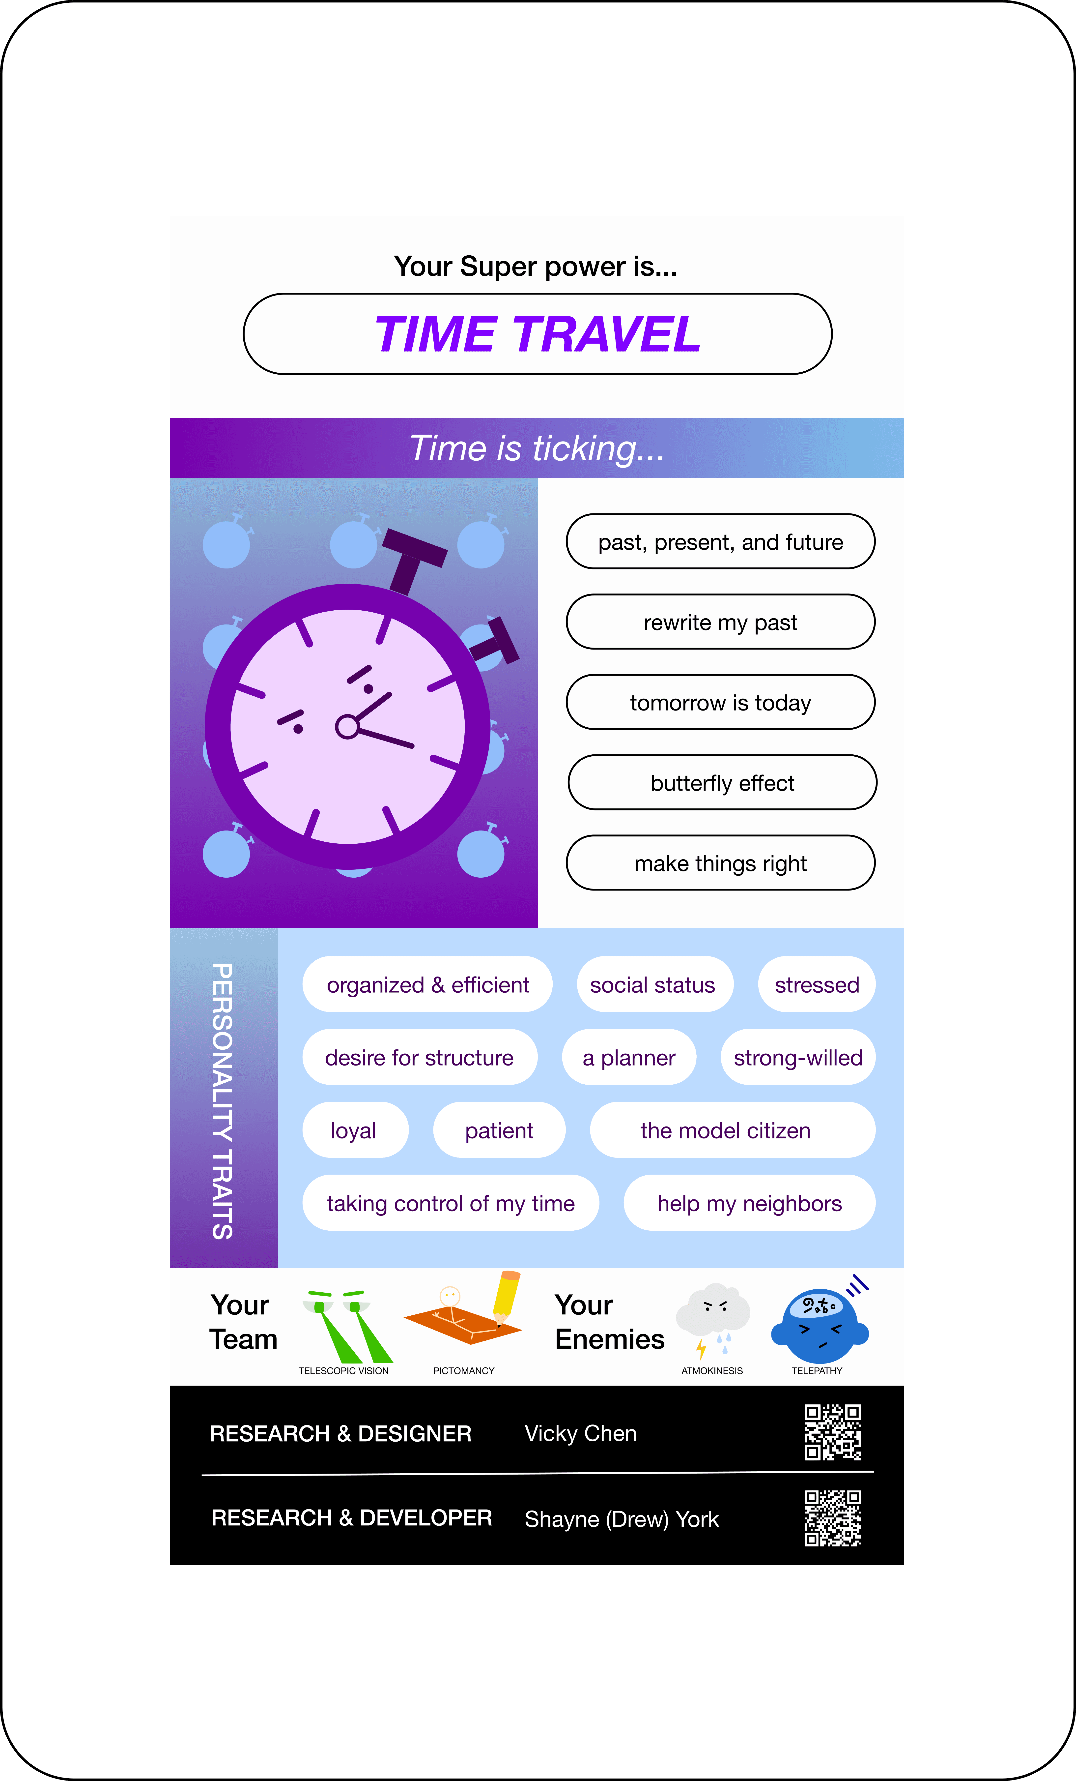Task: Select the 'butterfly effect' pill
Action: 722,783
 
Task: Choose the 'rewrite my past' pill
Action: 720,622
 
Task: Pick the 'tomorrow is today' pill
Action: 720,703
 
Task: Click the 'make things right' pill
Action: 720,863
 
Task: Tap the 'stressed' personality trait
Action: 817,984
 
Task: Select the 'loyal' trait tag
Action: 354,1130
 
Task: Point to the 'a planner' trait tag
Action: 629,1058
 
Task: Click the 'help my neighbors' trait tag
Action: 749,1203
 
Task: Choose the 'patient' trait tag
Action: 499,1130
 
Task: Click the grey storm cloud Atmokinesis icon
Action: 712,1312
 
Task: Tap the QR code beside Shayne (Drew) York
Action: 832,1518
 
